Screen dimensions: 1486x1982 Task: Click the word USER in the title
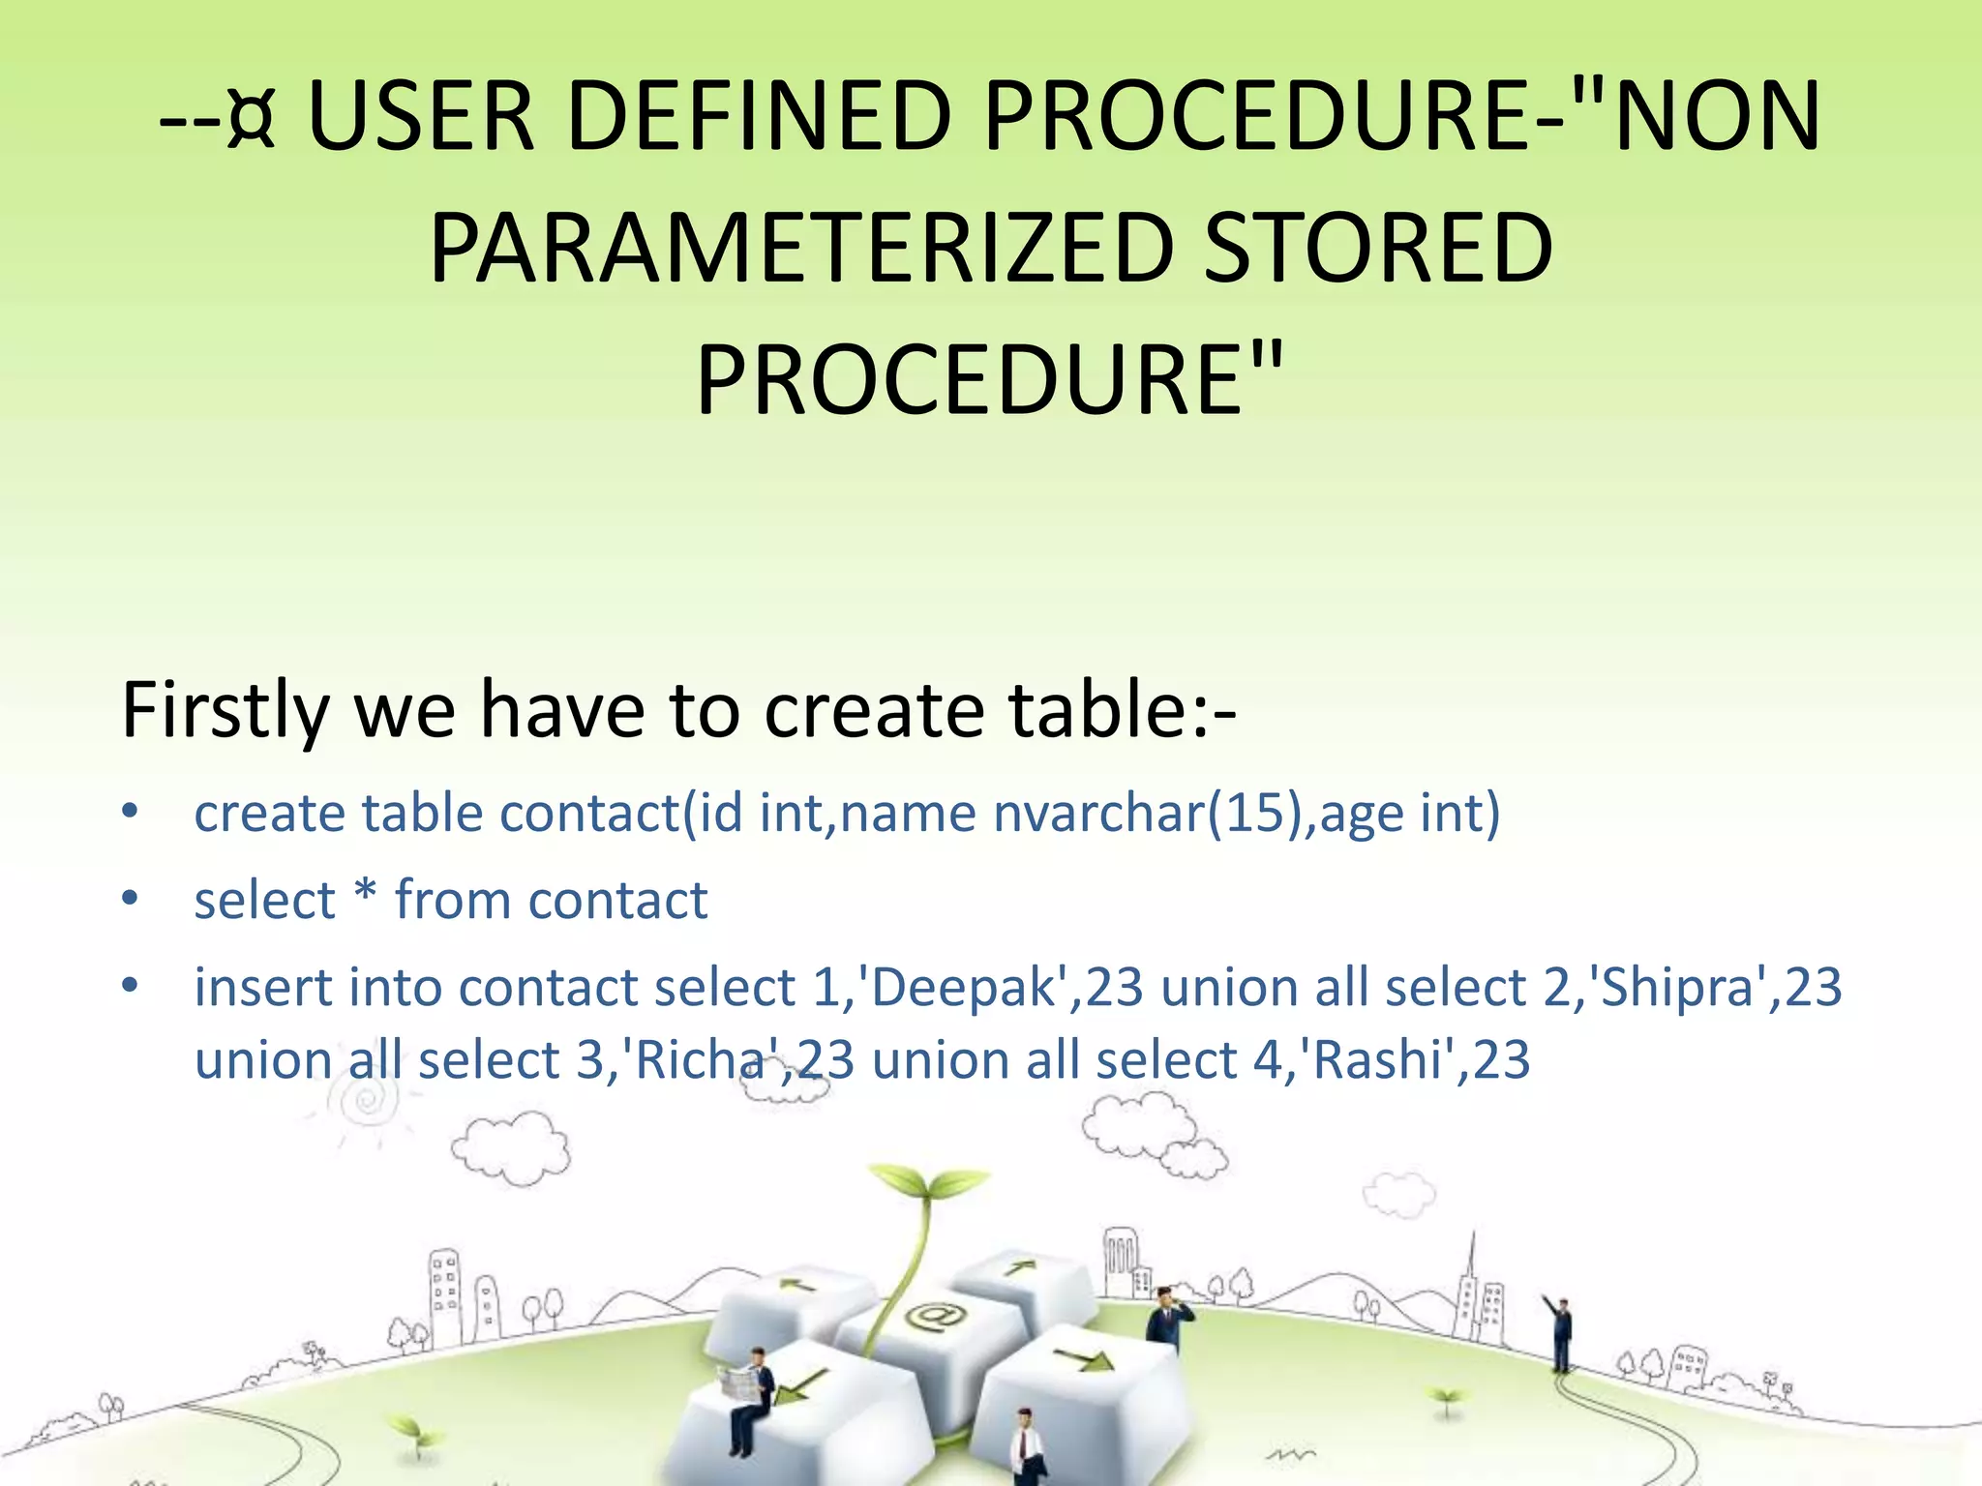pos(420,117)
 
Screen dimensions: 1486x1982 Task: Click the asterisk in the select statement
pos(365,894)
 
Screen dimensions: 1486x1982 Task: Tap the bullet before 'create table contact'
pos(131,812)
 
